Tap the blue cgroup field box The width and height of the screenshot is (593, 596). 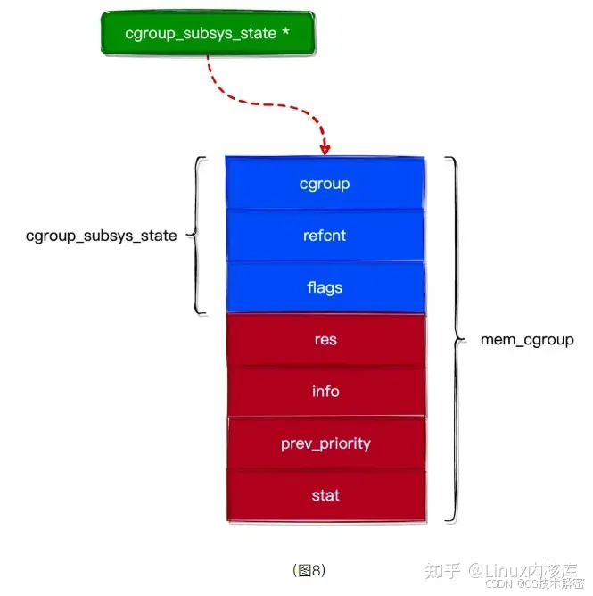pos(325,184)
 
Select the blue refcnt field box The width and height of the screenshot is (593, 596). pos(325,236)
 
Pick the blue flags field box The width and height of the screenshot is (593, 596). pos(325,287)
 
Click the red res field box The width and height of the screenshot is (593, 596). pos(325,340)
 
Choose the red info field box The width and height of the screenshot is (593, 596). pos(325,391)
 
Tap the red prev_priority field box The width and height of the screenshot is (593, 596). pos(325,443)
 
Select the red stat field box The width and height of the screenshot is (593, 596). pos(325,495)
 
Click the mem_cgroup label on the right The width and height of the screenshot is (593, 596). pos(527,340)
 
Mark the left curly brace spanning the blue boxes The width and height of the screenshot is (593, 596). pos(200,236)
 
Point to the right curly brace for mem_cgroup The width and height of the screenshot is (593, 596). pos(457,339)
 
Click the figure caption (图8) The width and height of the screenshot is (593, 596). pos(309,568)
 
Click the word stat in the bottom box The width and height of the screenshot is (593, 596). pos(325,495)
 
